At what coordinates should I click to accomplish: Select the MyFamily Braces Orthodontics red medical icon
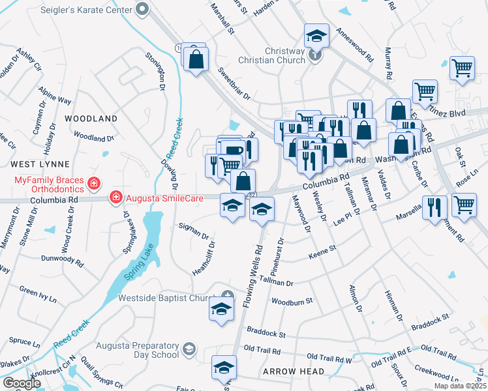[x=94, y=183]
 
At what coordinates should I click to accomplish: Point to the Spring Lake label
[x=121, y=274]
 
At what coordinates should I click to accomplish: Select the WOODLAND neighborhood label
[x=91, y=119]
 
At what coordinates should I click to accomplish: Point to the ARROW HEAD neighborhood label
[x=293, y=371]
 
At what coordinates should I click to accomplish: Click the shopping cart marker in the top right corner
[x=462, y=68]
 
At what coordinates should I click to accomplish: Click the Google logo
[x=22, y=383]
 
